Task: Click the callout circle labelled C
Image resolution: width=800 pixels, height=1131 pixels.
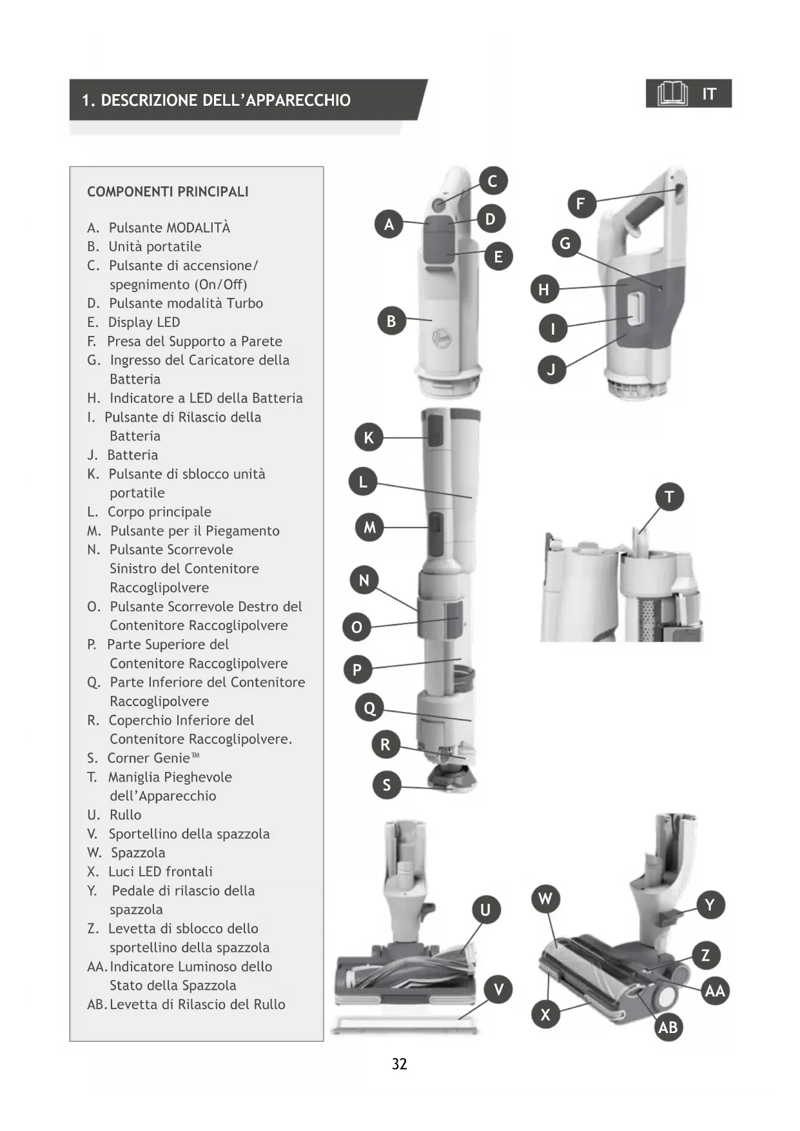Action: tap(493, 181)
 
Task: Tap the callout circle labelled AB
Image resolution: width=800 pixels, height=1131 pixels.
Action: tap(668, 1027)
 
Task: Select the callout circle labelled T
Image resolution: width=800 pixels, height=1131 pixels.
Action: tap(669, 497)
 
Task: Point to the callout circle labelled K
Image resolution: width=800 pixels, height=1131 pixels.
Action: tap(369, 438)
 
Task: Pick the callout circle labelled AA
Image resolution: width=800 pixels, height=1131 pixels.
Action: tap(715, 991)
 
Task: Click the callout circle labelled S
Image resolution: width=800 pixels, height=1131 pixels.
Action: tap(387, 785)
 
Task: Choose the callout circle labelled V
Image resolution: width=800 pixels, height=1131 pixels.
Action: tap(498, 990)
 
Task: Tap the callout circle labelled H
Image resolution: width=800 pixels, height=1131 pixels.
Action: tap(543, 290)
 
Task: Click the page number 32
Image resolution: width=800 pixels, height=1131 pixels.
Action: tap(400, 1064)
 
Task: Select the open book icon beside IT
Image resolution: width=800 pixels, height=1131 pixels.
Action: tap(672, 94)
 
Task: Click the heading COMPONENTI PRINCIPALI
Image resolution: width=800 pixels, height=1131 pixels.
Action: tap(168, 192)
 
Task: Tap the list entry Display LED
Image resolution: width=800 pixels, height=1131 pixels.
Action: tap(144, 322)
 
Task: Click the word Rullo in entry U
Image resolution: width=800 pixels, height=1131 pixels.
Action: tap(125, 815)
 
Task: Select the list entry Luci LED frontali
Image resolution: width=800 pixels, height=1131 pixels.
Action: tap(160, 872)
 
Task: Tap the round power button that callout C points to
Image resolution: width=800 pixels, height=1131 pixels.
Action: tap(438, 204)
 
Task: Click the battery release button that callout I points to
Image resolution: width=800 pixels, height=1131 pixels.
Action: tap(636, 307)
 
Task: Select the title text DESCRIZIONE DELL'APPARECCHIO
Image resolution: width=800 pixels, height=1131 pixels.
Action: tap(226, 101)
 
